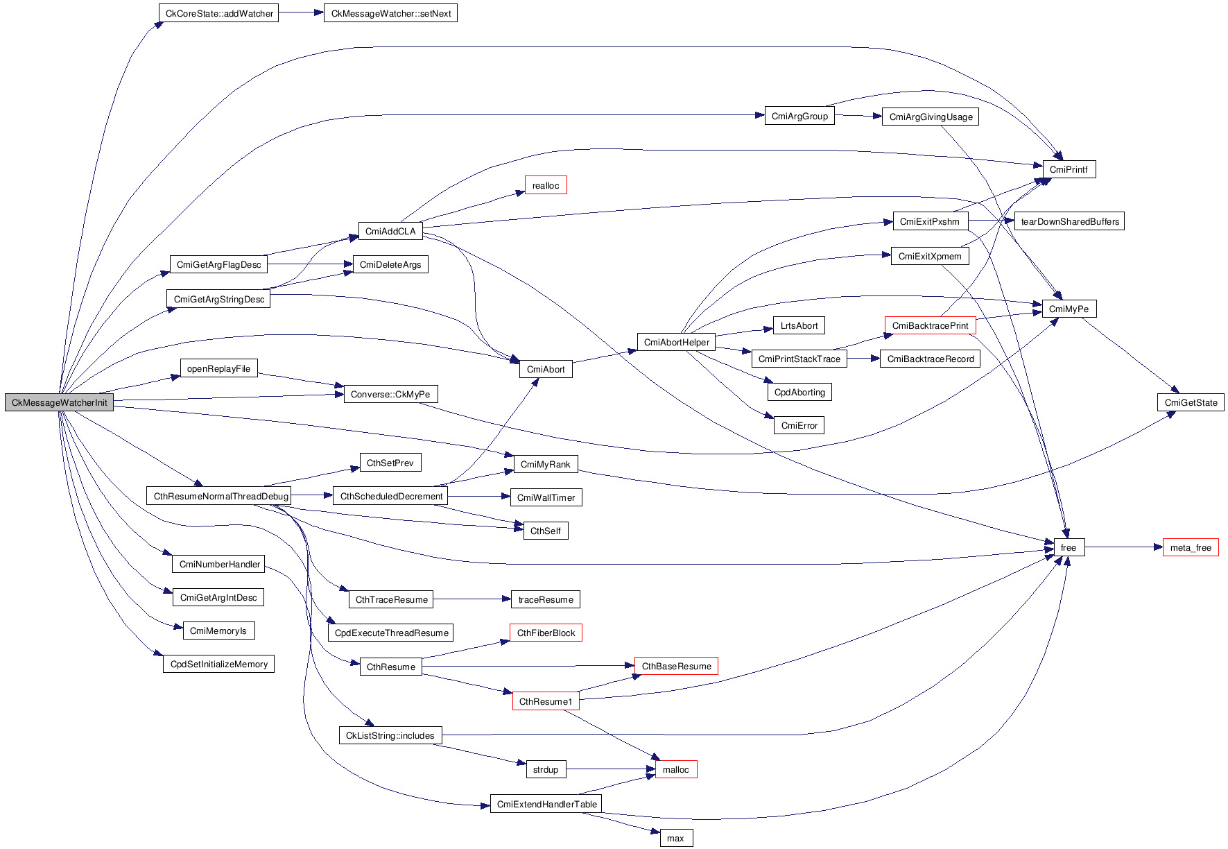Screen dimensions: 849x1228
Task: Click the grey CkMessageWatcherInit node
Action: [x=60, y=402]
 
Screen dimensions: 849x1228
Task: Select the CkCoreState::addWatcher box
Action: [x=218, y=13]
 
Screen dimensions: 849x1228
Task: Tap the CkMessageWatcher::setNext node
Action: [x=390, y=13]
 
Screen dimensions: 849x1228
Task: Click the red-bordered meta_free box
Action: [x=1190, y=547]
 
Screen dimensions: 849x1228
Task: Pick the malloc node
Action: [x=675, y=769]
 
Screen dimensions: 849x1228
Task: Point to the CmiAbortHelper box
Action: [x=676, y=342]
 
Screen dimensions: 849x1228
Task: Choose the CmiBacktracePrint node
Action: [x=930, y=325]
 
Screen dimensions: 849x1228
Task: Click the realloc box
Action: [x=546, y=185]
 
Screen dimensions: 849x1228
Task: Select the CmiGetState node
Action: [x=1191, y=402]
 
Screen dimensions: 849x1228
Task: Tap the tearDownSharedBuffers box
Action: [x=1069, y=221]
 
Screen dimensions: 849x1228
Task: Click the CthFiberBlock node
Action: [x=546, y=633]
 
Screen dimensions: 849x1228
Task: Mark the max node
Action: [x=675, y=838]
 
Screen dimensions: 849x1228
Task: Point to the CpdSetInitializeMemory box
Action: [x=218, y=664]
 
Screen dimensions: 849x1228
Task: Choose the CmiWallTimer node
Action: [x=546, y=497]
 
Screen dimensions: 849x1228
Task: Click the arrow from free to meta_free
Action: [x=1123, y=547]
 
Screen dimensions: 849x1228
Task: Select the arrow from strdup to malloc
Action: [x=610, y=769]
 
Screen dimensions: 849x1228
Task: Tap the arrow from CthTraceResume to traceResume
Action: [x=472, y=599]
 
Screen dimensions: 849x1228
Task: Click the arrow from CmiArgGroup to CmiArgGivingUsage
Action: [x=858, y=116]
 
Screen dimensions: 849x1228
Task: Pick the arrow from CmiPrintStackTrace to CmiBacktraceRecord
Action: [x=863, y=359]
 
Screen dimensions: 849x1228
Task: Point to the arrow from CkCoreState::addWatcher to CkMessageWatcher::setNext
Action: [x=301, y=12]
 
